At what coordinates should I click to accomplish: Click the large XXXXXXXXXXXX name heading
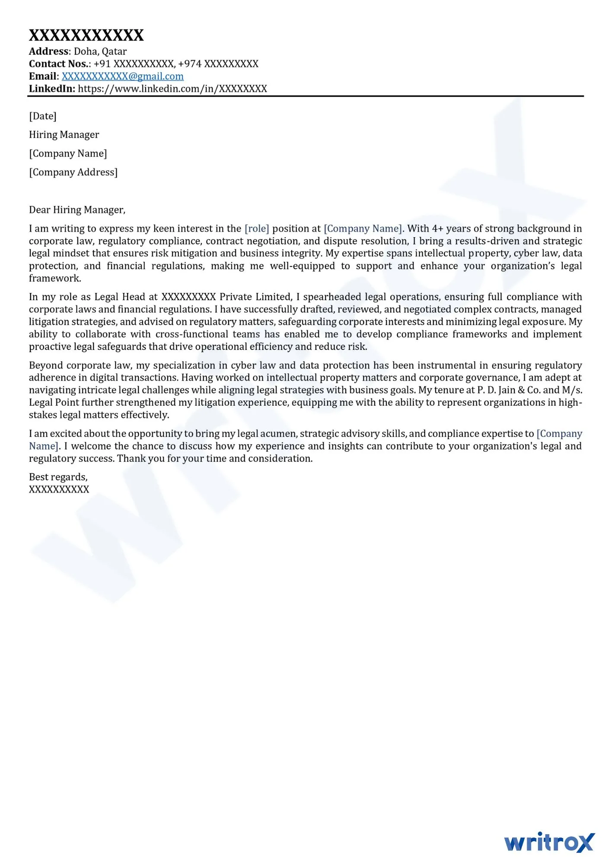86,35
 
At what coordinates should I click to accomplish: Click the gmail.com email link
122,76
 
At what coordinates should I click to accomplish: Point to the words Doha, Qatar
100,51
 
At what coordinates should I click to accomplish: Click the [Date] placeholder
43,116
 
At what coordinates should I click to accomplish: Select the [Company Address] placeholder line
73,172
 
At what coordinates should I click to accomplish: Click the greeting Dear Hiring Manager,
77,210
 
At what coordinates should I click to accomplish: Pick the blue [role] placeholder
257,229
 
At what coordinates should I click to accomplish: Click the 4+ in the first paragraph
437,229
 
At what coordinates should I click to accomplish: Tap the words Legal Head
120,297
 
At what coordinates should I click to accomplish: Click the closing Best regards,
58,477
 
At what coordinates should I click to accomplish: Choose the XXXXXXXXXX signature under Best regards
59,489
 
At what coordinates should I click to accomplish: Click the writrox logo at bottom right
549,842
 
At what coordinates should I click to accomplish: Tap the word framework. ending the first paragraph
55,278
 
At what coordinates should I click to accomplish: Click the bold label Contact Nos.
58,64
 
